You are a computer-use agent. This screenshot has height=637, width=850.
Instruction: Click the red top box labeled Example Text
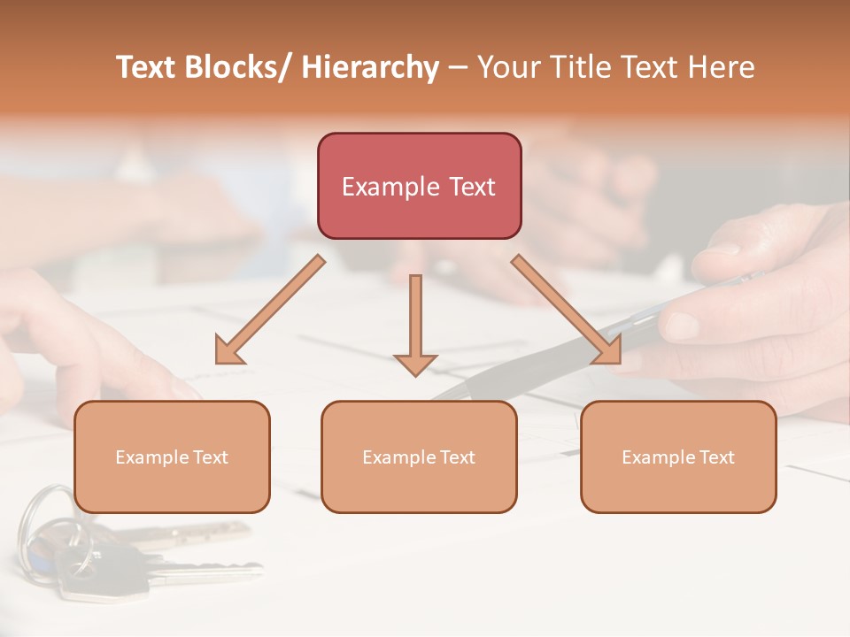tap(419, 186)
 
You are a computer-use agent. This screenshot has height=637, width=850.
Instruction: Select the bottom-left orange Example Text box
tap(172, 457)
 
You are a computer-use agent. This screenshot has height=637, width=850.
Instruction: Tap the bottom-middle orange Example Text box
tap(419, 457)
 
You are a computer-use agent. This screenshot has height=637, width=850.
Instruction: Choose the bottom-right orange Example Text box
tap(678, 457)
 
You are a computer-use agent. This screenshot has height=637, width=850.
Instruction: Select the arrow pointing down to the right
tap(568, 310)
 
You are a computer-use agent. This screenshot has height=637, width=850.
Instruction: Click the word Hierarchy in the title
tap(370, 67)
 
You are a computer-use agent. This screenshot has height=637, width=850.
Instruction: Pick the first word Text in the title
tap(147, 67)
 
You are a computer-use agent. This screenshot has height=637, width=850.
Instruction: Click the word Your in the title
tap(506, 67)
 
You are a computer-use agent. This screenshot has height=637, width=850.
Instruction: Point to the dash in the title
tap(458, 67)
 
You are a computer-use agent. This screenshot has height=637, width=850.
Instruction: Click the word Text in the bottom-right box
tap(715, 457)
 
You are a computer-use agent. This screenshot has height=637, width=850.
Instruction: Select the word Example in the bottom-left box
tap(151, 457)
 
